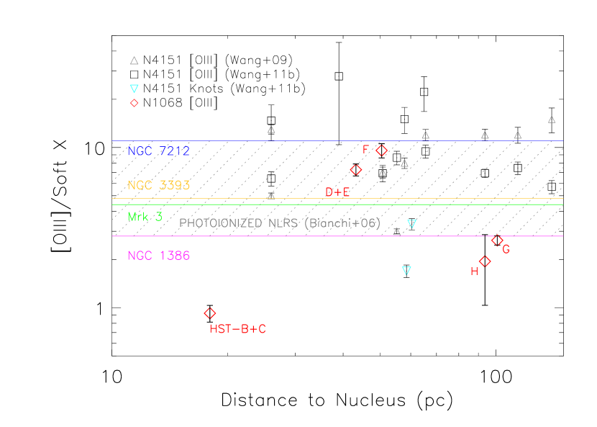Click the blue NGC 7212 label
(x=158, y=151)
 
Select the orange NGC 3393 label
(x=158, y=185)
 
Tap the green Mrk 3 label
(x=145, y=217)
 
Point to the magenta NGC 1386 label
(x=158, y=256)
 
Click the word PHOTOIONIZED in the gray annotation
(x=221, y=223)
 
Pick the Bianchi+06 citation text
(x=342, y=223)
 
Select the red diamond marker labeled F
(x=382, y=150)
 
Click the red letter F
(x=365, y=149)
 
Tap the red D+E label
(x=337, y=192)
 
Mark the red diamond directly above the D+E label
(x=356, y=170)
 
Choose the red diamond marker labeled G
(x=497, y=240)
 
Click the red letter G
(x=506, y=250)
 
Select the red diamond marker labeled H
(x=485, y=261)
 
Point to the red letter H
(x=474, y=271)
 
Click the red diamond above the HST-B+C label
(x=210, y=313)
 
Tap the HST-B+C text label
(x=237, y=329)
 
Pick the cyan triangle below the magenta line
(x=406, y=271)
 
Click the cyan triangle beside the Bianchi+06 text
(x=411, y=224)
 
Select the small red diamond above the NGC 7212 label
(x=135, y=103)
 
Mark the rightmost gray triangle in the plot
(x=552, y=120)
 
